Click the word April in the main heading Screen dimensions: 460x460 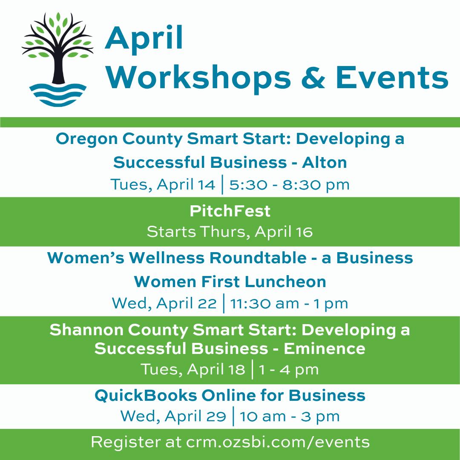pos(144,39)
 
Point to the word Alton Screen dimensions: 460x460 pos(325,162)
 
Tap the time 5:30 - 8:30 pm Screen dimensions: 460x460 pos(289,185)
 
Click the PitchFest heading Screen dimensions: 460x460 pos(230,211)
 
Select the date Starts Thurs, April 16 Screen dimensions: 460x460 pos(230,232)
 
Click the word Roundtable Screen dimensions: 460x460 pos(258,258)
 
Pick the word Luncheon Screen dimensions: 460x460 pos(285,282)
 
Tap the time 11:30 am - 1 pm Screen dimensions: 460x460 pos(289,303)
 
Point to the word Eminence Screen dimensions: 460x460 pos(325,348)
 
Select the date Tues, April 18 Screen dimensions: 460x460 pos(193,369)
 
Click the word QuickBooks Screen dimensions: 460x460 pos(146,395)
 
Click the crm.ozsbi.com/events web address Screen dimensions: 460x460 pos(278,442)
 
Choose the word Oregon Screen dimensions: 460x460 pos(87,139)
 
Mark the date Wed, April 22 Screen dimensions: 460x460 pos(164,303)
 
